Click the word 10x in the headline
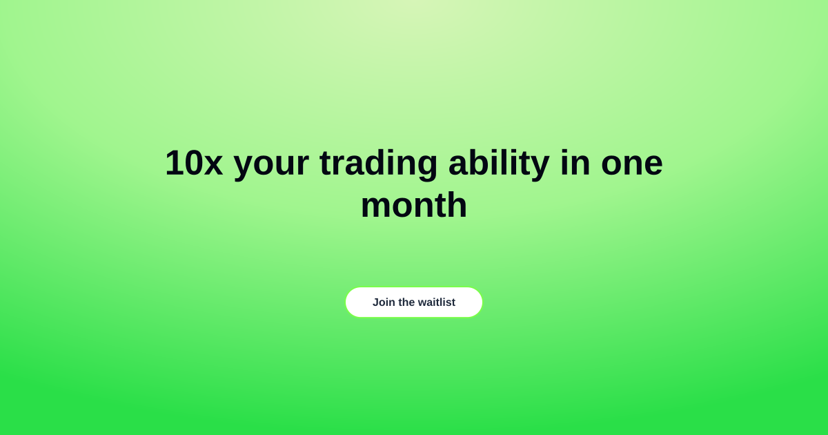click(x=194, y=163)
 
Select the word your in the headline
click(x=271, y=166)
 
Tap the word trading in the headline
click(x=379, y=165)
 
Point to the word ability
click(x=499, y=165)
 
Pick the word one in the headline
click(x=632, y=165)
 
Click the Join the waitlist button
click(x=414, y=302)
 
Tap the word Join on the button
click(x=384, y=302)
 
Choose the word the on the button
click(x=406, y=302)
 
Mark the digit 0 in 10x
click(x=193, y=163)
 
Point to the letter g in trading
click(x=427, y=168)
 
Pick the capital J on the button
click(x=375, y=302)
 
